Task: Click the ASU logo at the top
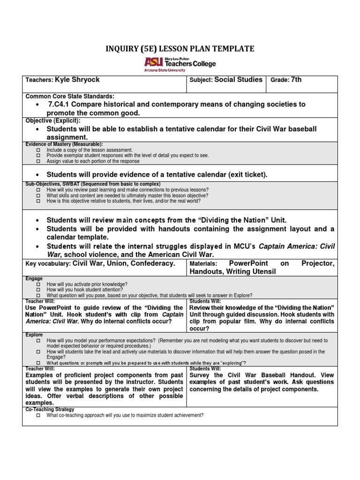tap(180, 63)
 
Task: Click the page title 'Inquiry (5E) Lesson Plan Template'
tap(180, 49)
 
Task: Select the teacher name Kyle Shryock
tap(77, 80)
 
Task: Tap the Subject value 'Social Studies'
tap(238, 80)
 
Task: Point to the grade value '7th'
tap(296, 80)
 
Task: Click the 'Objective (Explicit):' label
tap(53, 120)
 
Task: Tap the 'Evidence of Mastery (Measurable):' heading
tap(64, 144)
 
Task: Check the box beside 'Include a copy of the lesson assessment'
tap(38, 150)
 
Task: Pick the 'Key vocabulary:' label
tap(48, 264)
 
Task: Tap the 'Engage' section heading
tap(34, 278)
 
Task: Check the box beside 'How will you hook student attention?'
tap(38, 290)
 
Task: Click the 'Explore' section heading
tap(34, 335)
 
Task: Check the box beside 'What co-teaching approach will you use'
tap(38, 415)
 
